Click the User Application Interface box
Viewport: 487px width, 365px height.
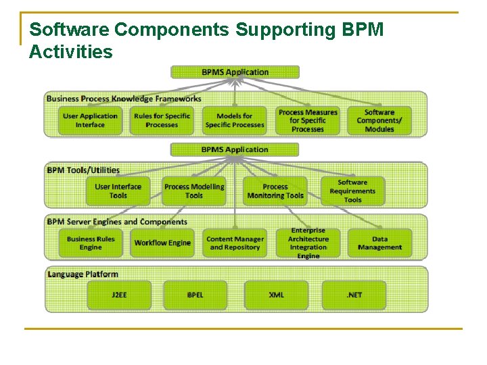coord(90,120)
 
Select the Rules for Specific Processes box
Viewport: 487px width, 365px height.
coord(162,120)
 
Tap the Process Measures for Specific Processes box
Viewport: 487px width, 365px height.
coord(308,120)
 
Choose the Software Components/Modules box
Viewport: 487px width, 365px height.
coord(379,120)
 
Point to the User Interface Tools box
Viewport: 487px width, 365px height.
coord(118,191)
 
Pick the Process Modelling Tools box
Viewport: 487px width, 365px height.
coord(194,191)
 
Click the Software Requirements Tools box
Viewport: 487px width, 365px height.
coord(352,191)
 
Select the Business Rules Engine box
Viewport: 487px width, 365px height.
coord(91,243)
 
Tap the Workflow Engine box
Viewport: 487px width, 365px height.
coord(162,243)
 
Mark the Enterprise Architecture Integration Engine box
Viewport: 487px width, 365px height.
coord(308,243)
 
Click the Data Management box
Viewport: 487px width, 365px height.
coord(379,243)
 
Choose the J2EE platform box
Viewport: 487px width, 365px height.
coord(119,295)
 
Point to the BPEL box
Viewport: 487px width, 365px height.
coord(195,295)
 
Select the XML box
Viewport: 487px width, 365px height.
coord(276,295)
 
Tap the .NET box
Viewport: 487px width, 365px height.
coord(354,295)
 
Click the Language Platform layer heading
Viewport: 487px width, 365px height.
coord(83,274)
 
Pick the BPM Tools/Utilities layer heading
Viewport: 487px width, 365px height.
coord(83,170)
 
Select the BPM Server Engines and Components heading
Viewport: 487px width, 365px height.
coord(117,222)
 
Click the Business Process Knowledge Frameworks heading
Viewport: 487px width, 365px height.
coord(124,99)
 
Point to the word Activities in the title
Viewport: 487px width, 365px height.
coord(71,51)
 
